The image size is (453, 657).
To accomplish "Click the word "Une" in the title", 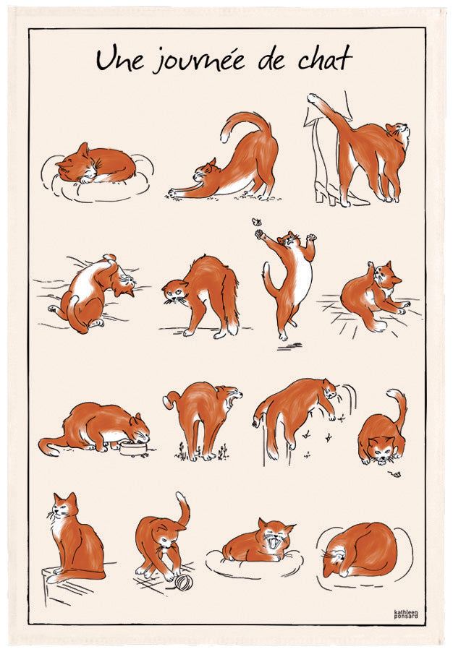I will click(x=119, y=61).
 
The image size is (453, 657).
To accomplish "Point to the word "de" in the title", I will click(x=272, y=61).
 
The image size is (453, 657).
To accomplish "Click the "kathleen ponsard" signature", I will click(x=406, y=614).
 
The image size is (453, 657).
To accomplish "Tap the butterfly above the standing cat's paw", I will click(x=257, y=223).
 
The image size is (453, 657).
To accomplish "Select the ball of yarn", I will click(x=183, y=582).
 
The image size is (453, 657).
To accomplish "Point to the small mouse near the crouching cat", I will click(x=396, y=474).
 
